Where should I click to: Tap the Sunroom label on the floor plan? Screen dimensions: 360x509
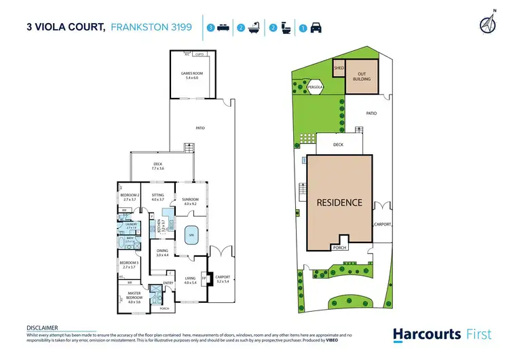click(189, 201)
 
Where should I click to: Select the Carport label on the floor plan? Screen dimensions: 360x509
click(222, 278)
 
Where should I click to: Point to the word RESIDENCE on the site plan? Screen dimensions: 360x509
click(339, 202)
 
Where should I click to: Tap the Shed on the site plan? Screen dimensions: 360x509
click(339, 68)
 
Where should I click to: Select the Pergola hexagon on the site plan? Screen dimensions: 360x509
click(314, 88)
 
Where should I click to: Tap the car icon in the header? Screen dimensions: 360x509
click(316, 29)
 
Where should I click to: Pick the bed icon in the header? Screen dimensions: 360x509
click(223, 29)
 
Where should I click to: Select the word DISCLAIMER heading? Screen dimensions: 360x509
click(42, 327)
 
